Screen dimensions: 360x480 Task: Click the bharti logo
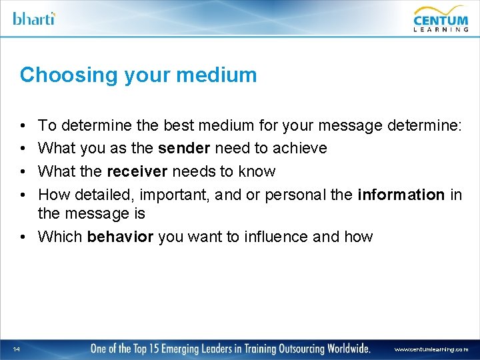pyautogui.click(x=34, y=18)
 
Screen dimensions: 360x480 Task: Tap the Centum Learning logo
pyautogui.click(x=441, y=18)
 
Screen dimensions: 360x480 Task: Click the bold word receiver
pyautogui.click(x=137, y=171)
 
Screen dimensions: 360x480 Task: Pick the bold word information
pyautogui.click(x=401, y=195)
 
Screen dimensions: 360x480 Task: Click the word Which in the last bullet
pyautogui.click(x=60, y=237)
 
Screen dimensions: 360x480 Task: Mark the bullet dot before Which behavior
pyautogui.click(x=23, y=237)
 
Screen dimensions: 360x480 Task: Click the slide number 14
pyautogui.click(x=17, y=349)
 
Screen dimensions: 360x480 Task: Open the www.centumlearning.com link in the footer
pyautogui.click(x=431, y=349)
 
